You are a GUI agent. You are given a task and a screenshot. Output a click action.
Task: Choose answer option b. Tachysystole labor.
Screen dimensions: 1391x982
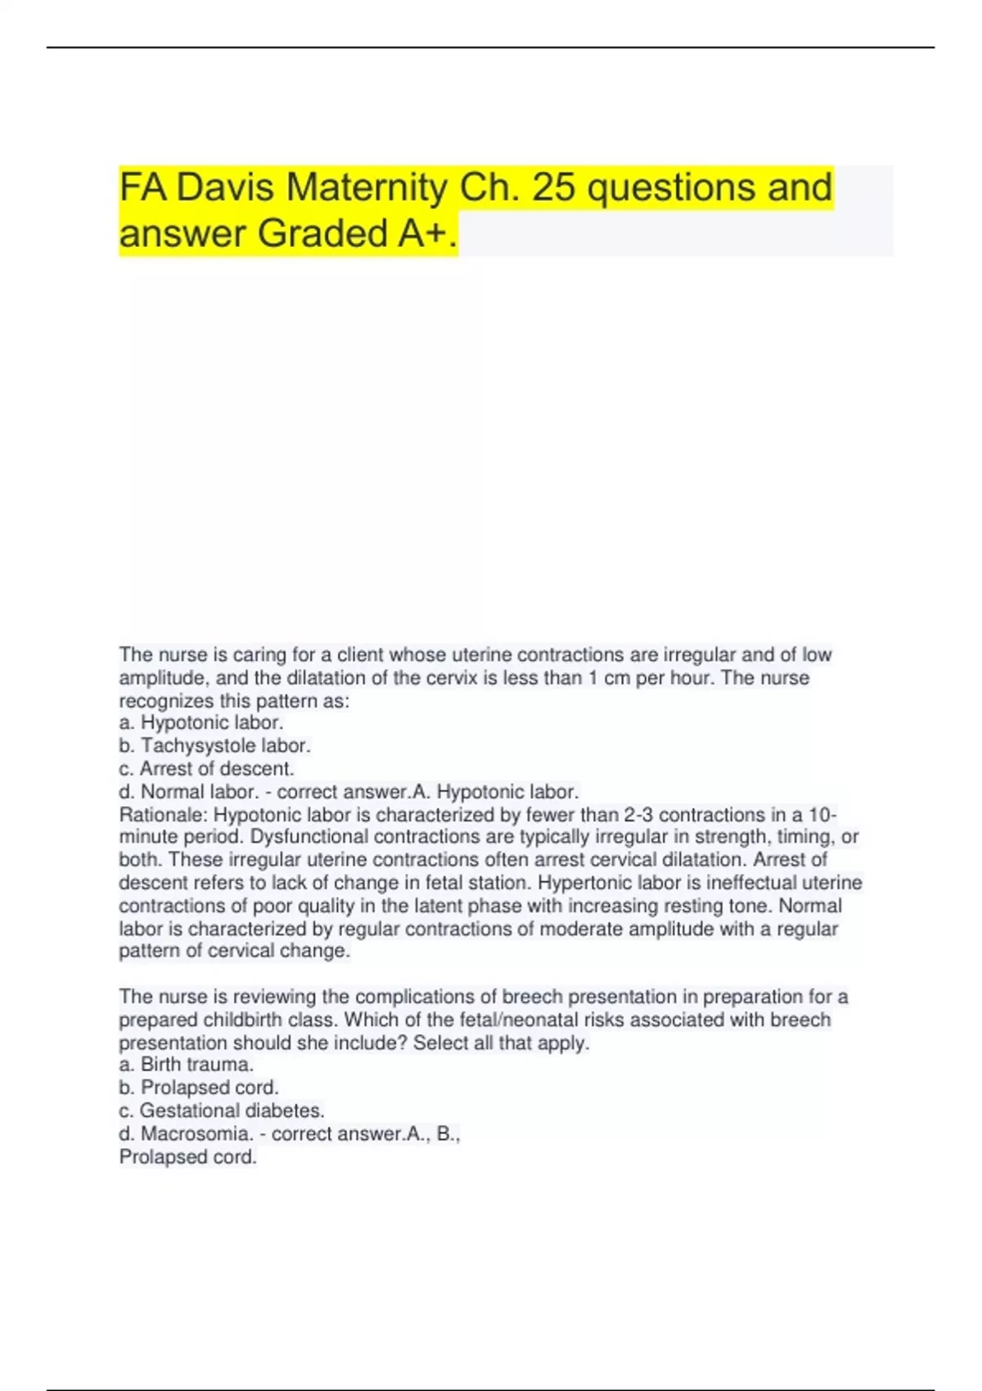[x=215, y=745]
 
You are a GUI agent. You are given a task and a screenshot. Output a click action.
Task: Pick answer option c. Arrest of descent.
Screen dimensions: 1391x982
[x=207, y=768]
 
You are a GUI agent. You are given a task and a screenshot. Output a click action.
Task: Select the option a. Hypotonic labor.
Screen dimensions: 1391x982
[x=201, y=723]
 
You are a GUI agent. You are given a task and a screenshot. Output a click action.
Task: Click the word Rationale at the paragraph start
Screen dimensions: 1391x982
[x=163, y=815]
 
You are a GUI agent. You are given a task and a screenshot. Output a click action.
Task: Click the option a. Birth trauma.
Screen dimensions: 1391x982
[x=187, y=1065]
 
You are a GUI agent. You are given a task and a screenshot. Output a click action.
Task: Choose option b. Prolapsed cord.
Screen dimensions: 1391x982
[x=199, y=1087]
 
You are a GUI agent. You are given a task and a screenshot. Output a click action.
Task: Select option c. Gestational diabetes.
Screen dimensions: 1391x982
[x=222, y=1110]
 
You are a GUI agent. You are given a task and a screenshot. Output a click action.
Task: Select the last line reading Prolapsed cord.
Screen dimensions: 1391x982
[x=188, y=1156]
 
